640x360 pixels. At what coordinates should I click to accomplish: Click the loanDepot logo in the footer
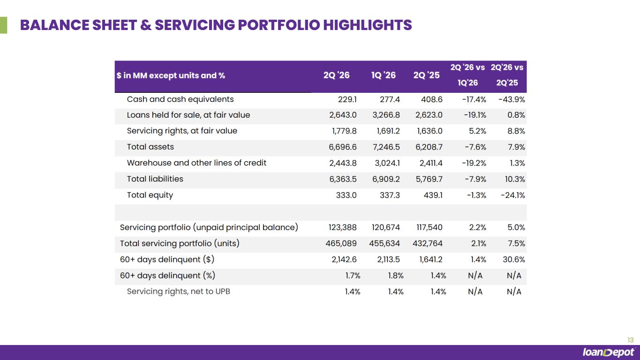[x=608, y=352]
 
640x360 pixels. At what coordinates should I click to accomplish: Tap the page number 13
[x=631, y=340]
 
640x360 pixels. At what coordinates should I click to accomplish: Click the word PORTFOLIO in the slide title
[x=279, y=25]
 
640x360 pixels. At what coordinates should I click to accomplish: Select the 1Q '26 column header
[x=384, y=75]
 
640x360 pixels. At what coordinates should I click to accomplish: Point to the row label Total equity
[x=150, y=195]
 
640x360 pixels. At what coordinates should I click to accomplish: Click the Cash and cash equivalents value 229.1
[x=347, y=99]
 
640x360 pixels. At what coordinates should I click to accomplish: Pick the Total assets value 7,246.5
[x=386, y=147]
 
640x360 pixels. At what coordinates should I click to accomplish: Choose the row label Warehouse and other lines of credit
[x=196, y=163]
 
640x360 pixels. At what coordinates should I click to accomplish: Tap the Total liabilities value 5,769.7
[x=429, y=179]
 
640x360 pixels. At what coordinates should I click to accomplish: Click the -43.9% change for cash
[x=512, y=99]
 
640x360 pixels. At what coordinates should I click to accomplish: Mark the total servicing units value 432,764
[x=428, y=243]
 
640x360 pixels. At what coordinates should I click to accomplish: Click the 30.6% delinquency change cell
[x=514, y=259]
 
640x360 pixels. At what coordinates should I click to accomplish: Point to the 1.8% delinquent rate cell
[x=396, y=276]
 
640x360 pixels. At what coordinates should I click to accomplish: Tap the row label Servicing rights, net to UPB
[x=179, y=292]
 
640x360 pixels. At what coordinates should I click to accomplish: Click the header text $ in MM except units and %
[x=171, y=75]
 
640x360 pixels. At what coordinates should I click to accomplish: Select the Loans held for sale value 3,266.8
[x=386, y=115]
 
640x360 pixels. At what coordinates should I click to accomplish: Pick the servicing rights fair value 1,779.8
[x=344, y=131]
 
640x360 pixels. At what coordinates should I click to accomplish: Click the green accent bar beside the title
[x=3, y=25]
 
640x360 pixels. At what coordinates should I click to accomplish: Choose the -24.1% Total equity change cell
[x=513, y=195]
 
